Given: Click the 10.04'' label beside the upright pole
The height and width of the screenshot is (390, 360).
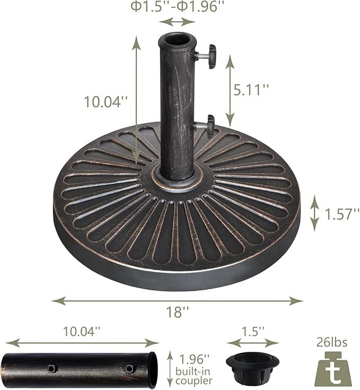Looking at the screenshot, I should point(107,101).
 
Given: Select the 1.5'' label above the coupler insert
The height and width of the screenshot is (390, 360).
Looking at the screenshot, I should point(252,332).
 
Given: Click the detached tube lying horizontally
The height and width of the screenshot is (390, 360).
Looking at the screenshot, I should point(80,368).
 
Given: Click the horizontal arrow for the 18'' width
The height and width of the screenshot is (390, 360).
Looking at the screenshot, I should point(177,300).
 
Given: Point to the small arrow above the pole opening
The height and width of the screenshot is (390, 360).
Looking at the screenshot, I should point(177,22).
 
